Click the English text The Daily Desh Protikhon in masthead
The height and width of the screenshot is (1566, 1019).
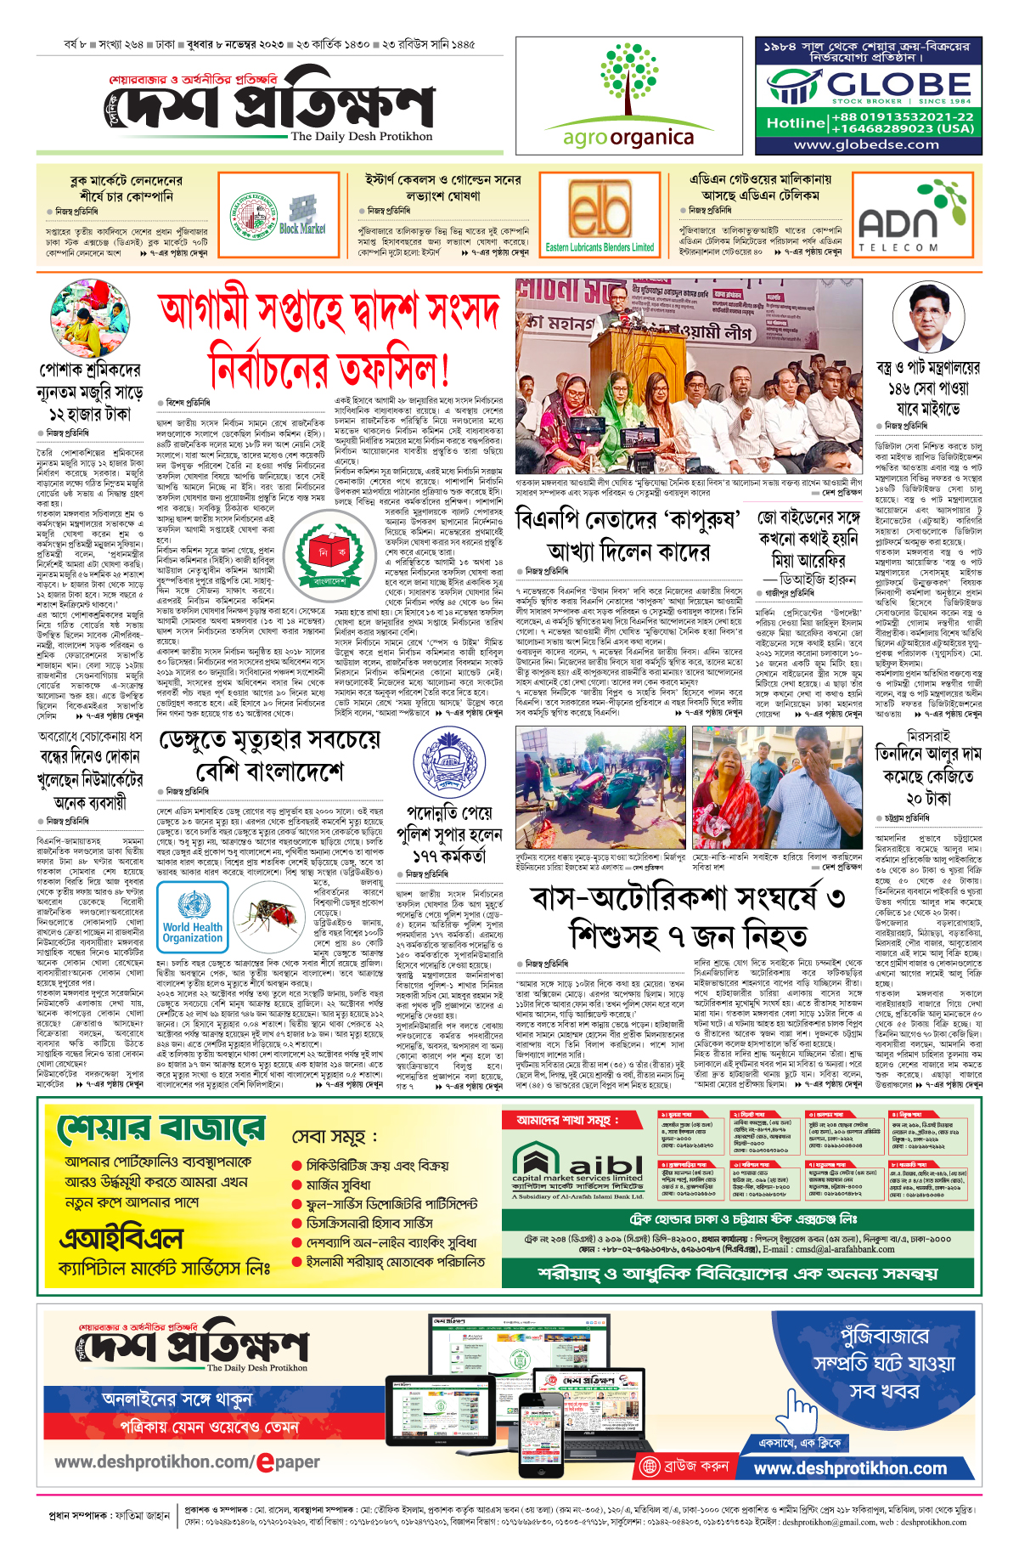tap(361, 136)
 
